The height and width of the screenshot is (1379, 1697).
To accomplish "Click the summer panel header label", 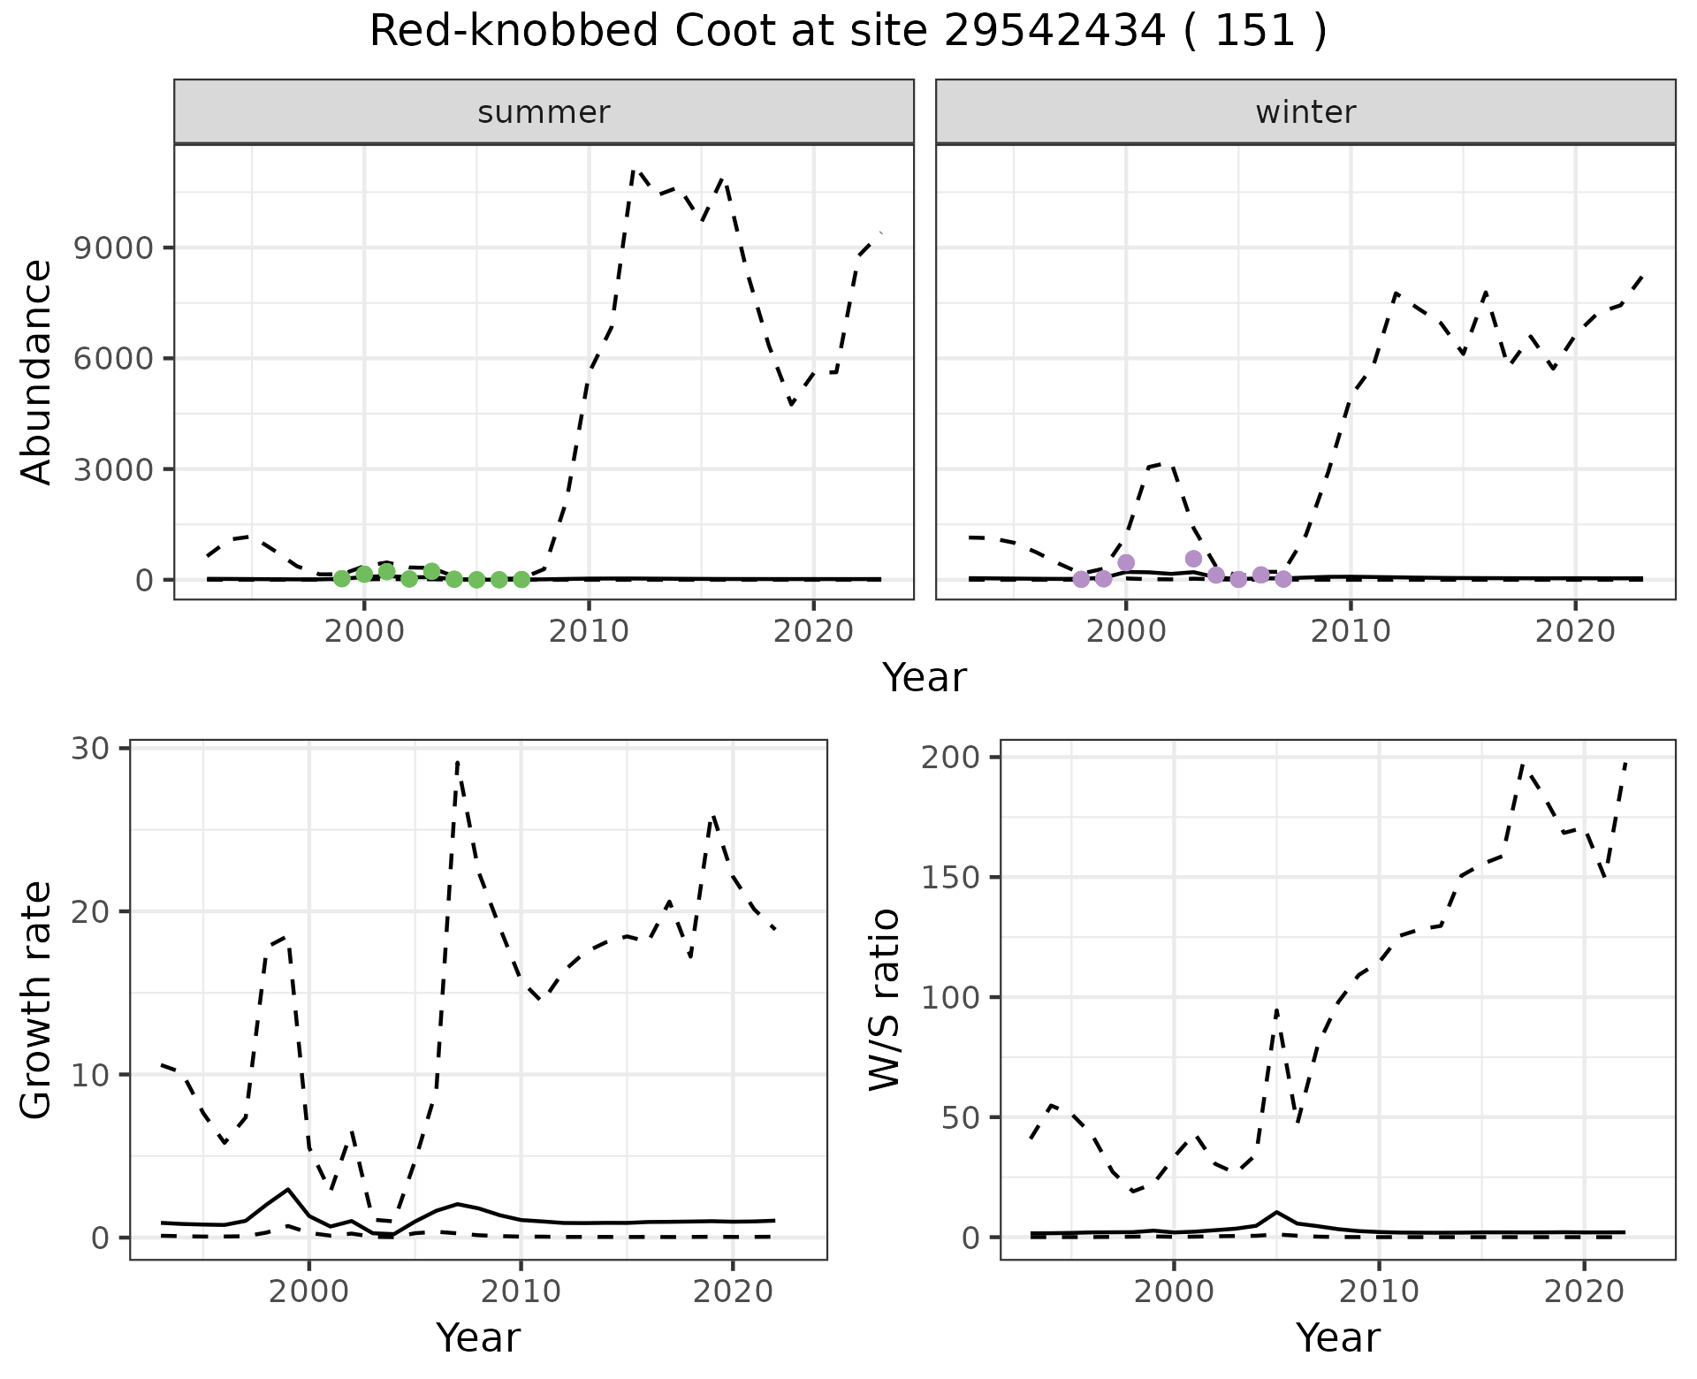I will point(544,112).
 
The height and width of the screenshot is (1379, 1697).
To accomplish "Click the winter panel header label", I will point(1305,112).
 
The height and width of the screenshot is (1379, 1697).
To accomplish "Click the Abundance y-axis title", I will point(37,371).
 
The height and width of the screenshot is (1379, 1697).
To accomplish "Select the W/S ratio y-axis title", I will point(884,999).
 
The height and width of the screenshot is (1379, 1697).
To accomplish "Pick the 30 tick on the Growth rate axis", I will point(88,749).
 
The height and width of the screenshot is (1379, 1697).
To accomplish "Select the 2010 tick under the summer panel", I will point(588,631).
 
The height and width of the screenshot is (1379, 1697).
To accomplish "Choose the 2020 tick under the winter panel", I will point(1574,631).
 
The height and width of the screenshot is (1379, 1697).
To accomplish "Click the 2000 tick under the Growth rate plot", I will point(308,1291).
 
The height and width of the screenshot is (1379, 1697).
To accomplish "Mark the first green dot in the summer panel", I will point(342,578).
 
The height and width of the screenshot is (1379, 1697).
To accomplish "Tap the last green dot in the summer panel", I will point(521,579).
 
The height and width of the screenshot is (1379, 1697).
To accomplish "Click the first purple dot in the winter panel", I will point(1081,579).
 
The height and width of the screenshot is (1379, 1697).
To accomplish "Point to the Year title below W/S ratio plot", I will point(1337,1337).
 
